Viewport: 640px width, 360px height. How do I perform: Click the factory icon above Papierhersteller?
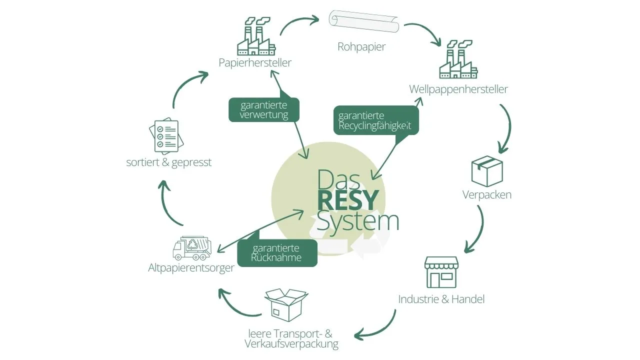255,38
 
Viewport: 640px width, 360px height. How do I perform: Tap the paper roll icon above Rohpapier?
363,22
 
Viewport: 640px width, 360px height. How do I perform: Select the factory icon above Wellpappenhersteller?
455,60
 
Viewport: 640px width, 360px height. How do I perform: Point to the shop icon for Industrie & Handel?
441,272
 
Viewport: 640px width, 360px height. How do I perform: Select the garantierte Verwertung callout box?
264,110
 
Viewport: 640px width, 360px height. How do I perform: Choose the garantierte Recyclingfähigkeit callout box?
375,120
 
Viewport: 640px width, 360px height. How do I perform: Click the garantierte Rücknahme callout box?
276,253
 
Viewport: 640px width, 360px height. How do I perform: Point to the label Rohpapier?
361,47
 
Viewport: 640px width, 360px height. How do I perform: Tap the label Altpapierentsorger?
191,268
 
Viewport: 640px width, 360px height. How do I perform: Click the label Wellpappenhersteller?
458,89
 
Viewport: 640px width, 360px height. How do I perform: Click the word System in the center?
358,221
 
